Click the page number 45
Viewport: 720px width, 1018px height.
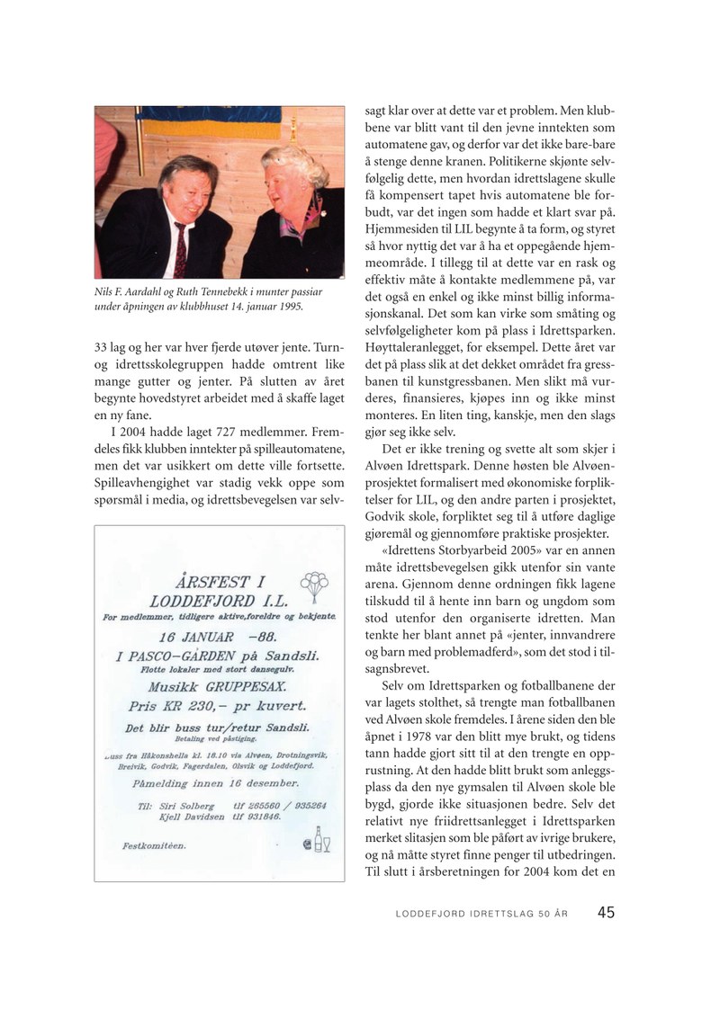(x=606, y=912)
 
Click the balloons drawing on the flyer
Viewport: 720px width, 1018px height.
(x=313, y=585)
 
